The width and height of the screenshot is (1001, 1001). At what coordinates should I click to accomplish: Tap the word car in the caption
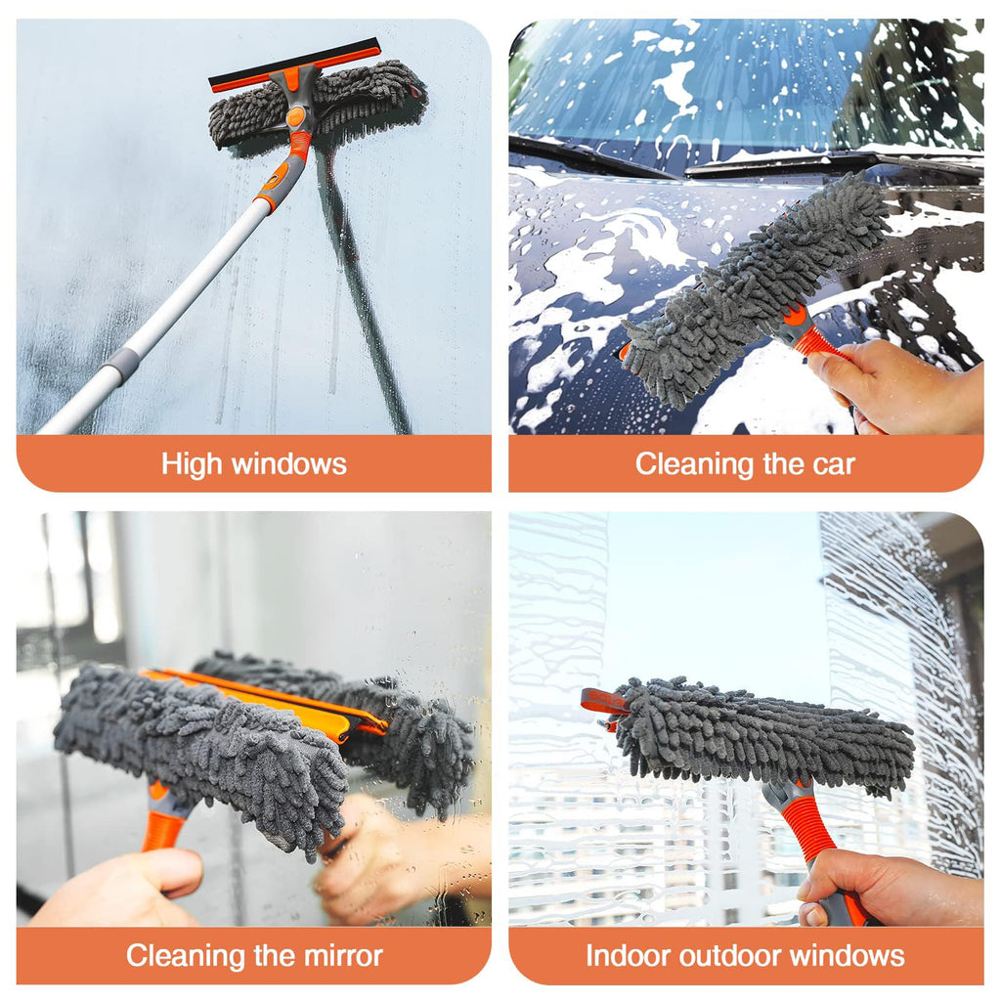(834, 464)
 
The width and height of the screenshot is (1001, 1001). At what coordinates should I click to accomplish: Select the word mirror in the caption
(343, 956)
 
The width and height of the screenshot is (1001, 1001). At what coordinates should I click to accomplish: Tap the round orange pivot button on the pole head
(295, 117)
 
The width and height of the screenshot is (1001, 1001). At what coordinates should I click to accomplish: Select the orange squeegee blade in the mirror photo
(267, 703)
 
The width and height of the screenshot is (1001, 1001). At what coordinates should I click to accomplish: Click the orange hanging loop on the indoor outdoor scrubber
(601, 702)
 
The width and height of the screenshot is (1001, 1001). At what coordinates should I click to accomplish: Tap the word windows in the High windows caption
(288, 464)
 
